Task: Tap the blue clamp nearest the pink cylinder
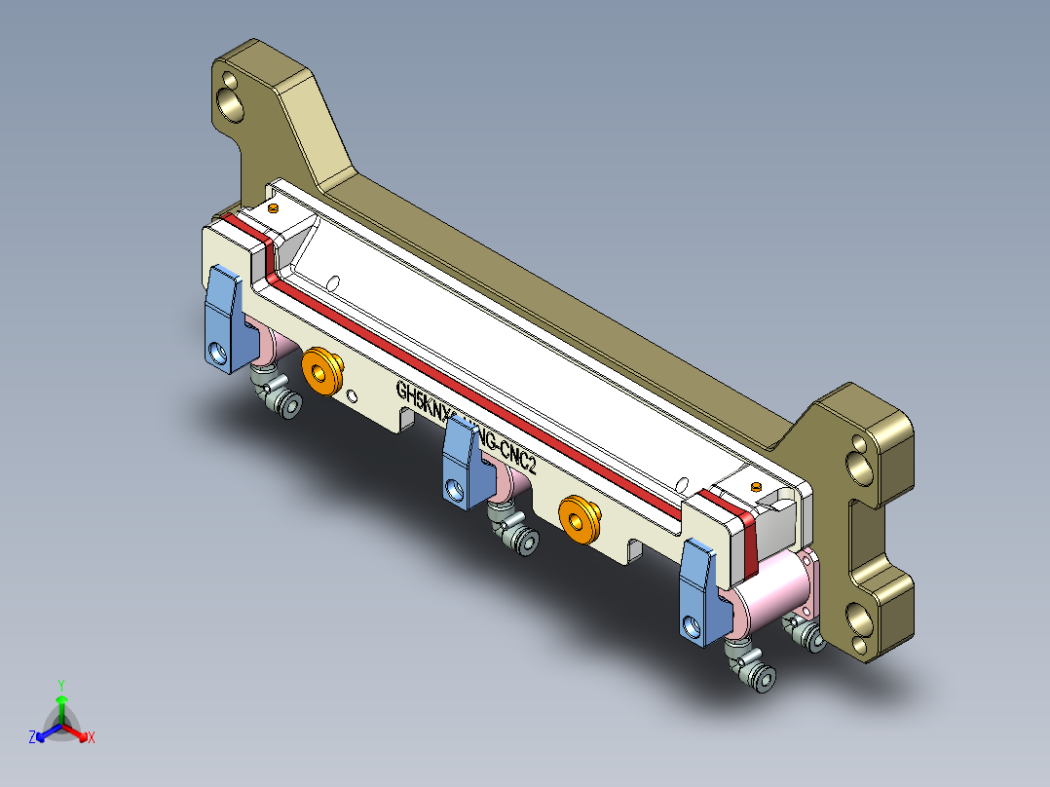click(698, 590)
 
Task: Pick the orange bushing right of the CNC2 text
click(579, 517)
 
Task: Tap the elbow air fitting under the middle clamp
click(512, 530)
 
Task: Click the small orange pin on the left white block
click(274, 207)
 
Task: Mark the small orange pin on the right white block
click(757, 485)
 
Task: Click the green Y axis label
click(60, 684)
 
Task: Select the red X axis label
click(92, 737)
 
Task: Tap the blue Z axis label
click(32, 737)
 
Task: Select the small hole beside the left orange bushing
click(352, 394)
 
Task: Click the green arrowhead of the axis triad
click(61, 699)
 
